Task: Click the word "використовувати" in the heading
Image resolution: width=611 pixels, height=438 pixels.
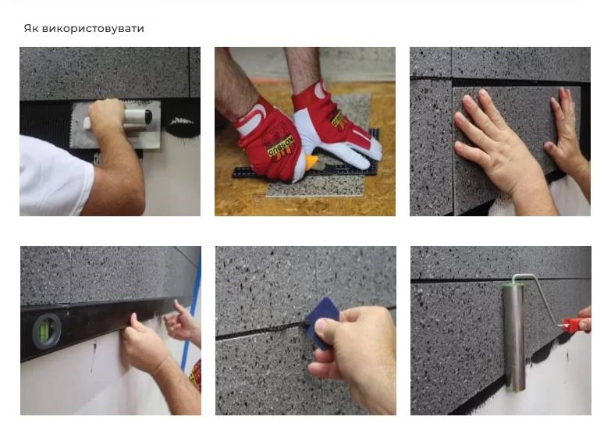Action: click(93, 29)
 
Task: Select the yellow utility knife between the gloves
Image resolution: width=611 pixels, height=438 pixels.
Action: click(311, 162)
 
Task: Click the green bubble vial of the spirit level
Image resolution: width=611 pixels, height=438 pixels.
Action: click(46, 331)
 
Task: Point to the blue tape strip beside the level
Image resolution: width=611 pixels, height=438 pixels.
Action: click(191, 312)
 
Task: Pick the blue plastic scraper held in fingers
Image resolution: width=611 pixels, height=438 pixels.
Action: click(322, 322)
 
